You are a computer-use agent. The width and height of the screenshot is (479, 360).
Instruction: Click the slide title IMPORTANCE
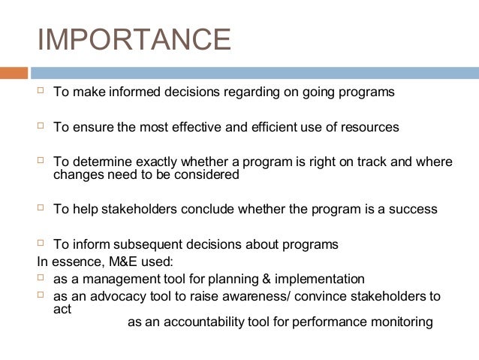point(134,39)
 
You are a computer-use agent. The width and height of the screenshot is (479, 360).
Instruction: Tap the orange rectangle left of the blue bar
point(14,73)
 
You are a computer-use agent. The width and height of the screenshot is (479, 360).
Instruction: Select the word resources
point(372,128)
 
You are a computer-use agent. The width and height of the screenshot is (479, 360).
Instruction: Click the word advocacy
point(102,296)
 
